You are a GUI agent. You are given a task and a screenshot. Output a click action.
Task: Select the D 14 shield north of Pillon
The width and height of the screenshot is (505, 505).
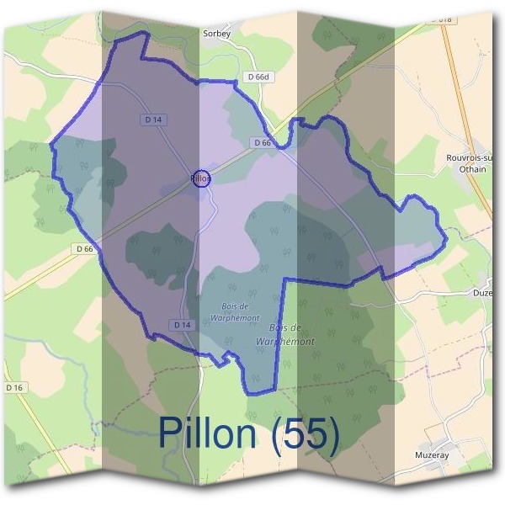tap(153, 120)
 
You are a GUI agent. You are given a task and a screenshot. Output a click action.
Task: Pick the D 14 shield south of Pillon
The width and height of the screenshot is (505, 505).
tap(182, 325)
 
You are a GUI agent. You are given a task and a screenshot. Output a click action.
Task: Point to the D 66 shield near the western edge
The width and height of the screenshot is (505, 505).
tap(84, 248)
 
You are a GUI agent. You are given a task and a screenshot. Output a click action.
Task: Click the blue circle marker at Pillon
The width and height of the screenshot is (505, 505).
tap(200, 178)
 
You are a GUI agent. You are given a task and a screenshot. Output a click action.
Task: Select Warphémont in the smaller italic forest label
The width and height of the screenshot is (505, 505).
tap(221, 318)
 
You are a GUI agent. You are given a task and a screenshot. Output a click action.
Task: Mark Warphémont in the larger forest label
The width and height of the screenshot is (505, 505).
tap(288, 342)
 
